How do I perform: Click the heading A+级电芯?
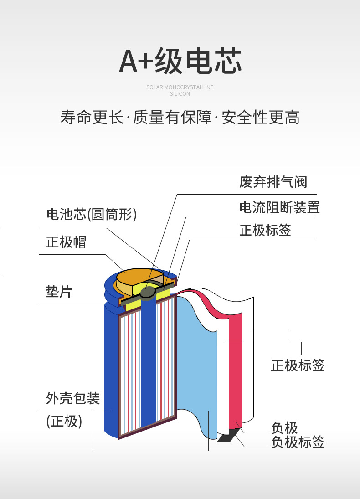pyautogui.click(x=180, y=61)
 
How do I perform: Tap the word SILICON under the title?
pyautogui.click(x=180, y=94)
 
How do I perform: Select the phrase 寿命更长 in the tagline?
pyautogui.click(x=92, y=117)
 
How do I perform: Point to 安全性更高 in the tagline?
pyautogui.click(x=260, y=117)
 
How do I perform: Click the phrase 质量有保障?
pyautogui.click(x=172, y=117)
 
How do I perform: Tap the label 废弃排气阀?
pyautogui.click(x=273, y=182)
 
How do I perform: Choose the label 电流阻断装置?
pyautogui.click(x=279, y=207)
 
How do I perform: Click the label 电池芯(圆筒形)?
pyautogui.click(x=92, y=214)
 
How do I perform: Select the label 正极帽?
pyautogui.click(x=66, y=242)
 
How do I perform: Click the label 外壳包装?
pyautogui.click(x=73, y=398)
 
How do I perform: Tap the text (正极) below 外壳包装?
pyautogui.click(x=64, y=422)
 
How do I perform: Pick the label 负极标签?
pyautogui.click(x=298, y=442)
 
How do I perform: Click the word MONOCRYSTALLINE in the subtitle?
pyautogui.click(x=189, y=87)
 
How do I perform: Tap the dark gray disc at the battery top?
pyautogui.click(x=148, y=293)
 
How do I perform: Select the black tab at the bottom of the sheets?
pyautogui.click(x=229, y=435)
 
